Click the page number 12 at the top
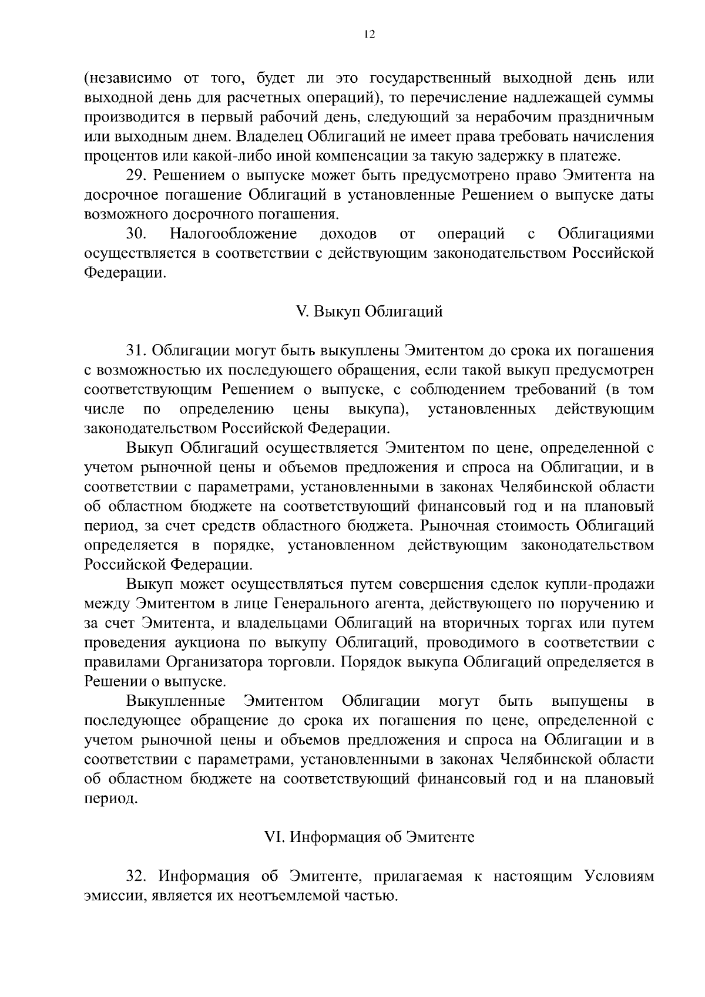click(x=369, y=35)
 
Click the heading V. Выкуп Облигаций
click(x=369, y=312)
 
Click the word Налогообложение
click(x=234, y=234)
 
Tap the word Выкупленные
click(x=176, y=701)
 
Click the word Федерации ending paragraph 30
click(x=123, y=273)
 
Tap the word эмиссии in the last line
click(x=112, y=896)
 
